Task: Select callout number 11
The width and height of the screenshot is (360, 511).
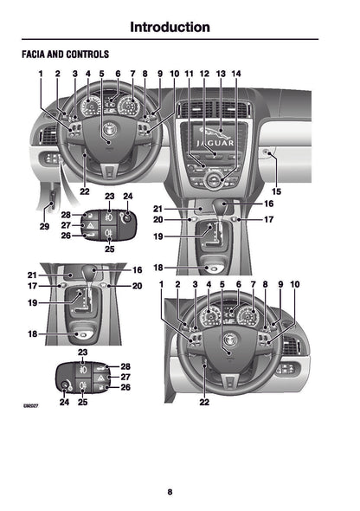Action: point(189,74)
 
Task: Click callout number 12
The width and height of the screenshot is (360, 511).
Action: point(204,74)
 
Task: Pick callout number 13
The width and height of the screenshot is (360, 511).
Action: point(221,74)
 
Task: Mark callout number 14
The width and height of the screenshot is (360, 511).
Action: point(236,74)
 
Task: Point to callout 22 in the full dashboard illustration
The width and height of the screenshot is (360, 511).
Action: point(84,191)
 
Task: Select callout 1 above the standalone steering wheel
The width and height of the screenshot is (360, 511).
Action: point(161,284)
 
